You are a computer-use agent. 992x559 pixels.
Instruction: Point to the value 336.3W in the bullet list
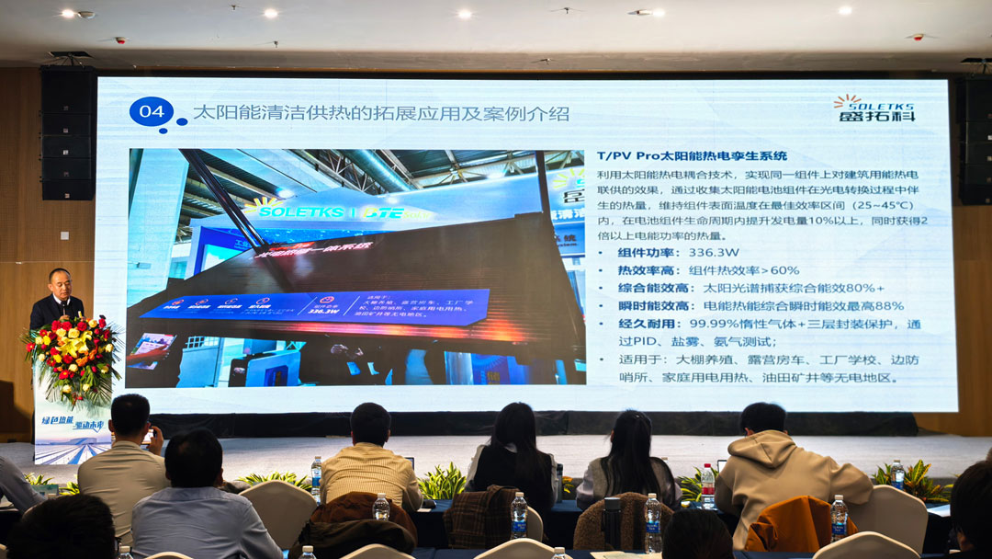pyautogui.click(x=715, y=253)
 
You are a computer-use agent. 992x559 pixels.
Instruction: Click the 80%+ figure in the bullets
pyautogui.click(x=863, y=288)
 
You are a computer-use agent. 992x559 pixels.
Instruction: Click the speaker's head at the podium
pyautogui.click(x=60, y=281)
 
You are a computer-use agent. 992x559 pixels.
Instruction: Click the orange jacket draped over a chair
pyautogui.click(x=787, y=523)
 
